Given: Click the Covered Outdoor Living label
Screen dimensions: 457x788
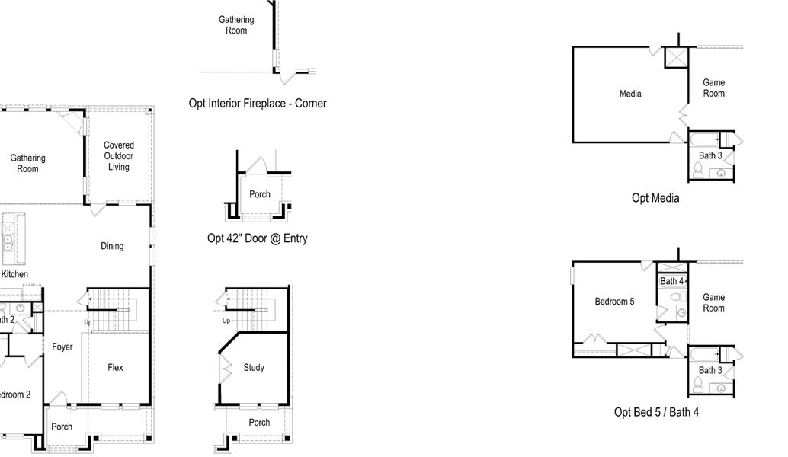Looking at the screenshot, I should point(118,156).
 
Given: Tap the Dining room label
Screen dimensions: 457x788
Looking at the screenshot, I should point(112,246).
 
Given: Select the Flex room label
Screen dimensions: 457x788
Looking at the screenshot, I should point(115,367).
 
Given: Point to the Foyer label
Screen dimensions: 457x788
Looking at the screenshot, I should point(62,347).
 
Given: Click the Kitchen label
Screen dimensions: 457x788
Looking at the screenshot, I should point(14,274).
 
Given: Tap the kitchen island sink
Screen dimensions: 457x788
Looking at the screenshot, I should point(9,243).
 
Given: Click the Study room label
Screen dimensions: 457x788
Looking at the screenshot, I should point(254,368).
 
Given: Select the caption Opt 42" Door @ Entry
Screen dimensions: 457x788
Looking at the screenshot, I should point(258,238).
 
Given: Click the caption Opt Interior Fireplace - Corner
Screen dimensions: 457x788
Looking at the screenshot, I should point(258,103).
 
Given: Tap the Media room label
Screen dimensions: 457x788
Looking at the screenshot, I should point(630,94).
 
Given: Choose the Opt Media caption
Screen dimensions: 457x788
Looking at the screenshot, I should point(655,198).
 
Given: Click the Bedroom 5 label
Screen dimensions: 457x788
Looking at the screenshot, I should point(614,302).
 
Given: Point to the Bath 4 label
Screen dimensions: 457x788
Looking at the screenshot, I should point(671,281).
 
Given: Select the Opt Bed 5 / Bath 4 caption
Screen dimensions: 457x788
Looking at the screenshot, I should point(656,412).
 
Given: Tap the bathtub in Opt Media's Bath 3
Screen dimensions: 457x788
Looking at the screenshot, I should point(704,139).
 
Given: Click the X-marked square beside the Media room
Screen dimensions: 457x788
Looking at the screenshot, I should point(676,57).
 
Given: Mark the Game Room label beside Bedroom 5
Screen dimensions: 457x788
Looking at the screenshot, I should point(713,302).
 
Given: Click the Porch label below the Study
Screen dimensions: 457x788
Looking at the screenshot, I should point(259,422).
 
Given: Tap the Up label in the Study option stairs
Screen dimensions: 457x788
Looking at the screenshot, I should point(226,321).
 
